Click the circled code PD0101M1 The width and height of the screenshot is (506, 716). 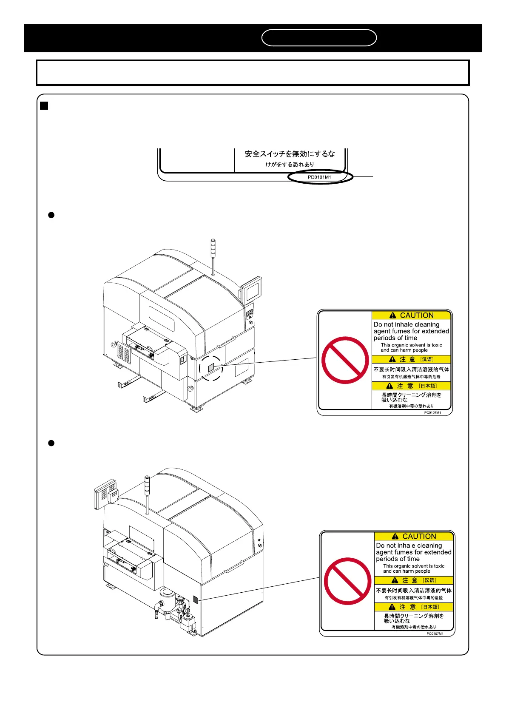pyautogui.click(x=320, y=177)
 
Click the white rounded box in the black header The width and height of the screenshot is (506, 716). pyautogui.click(x=319, y=37)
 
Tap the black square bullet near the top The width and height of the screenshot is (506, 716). pyautogui.click(x=44, y=105)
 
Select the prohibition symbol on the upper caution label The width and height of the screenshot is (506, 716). pyautogui.click(x=345, y=360)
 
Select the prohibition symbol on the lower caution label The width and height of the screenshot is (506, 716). pyautogui.click(x=347, y=581)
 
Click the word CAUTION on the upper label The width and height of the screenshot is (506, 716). pyautogui.click(x=417, y=315)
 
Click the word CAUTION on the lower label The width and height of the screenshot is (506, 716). pyautogui.click(x=419, y=537)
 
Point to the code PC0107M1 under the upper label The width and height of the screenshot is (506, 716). pyautogui.click(x=432, y=413)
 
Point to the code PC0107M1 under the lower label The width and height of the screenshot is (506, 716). pyautogui.click(x=435, y=634)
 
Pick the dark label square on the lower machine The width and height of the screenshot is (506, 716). pyautogui.click(x=196, y=600)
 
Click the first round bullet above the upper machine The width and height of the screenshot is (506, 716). pyautogui.click(x=51, y=215)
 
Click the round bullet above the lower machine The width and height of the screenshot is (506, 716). pyautogui.click(x=51, y=443)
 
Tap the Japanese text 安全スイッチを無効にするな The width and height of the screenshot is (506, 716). pyautogui.click(x=290, y=154)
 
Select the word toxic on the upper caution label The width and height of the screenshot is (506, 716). pyautogui.click(x=437, y=345)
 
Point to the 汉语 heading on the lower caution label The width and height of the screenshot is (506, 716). pyautogui.click(x=429, y=580)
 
